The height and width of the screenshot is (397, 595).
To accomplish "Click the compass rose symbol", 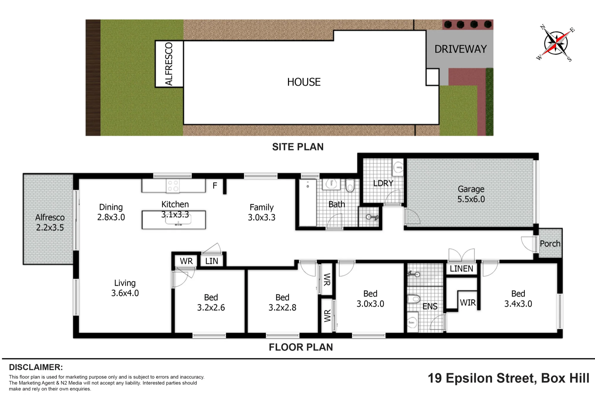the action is pos(556,43).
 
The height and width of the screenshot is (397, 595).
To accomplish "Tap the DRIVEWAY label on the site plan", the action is pos(461,49).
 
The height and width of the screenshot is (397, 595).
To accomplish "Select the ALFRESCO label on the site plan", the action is pos(169,64).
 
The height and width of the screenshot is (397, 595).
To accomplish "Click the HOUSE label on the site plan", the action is pos(304,82).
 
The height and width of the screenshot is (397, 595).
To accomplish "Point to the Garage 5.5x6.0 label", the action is pos(471,194).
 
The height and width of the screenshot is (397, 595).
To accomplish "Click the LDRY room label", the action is pos(383,183).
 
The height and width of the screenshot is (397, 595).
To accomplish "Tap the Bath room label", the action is pos(337,204).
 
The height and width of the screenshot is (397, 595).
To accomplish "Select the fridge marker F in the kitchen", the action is pos(215,186).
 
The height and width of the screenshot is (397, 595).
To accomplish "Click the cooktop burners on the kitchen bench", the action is pos(173,186).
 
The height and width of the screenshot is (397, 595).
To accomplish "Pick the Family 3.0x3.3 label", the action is pos(262,212).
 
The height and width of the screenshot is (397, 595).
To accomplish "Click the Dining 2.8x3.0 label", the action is pos(111,212).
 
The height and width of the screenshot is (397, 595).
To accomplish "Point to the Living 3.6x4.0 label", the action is pos(125,288).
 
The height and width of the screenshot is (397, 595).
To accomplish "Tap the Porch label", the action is pos(550,244).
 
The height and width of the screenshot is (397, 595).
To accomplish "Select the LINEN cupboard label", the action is pos(461,269).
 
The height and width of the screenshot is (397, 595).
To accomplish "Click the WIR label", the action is pos(468,303).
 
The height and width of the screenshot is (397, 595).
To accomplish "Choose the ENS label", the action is pos(430,307).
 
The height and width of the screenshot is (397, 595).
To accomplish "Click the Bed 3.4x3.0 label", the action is pos(518,298).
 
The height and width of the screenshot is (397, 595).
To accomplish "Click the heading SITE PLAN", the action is pos(298,147).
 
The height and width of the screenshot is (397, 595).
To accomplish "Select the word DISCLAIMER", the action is pos(36,367).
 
